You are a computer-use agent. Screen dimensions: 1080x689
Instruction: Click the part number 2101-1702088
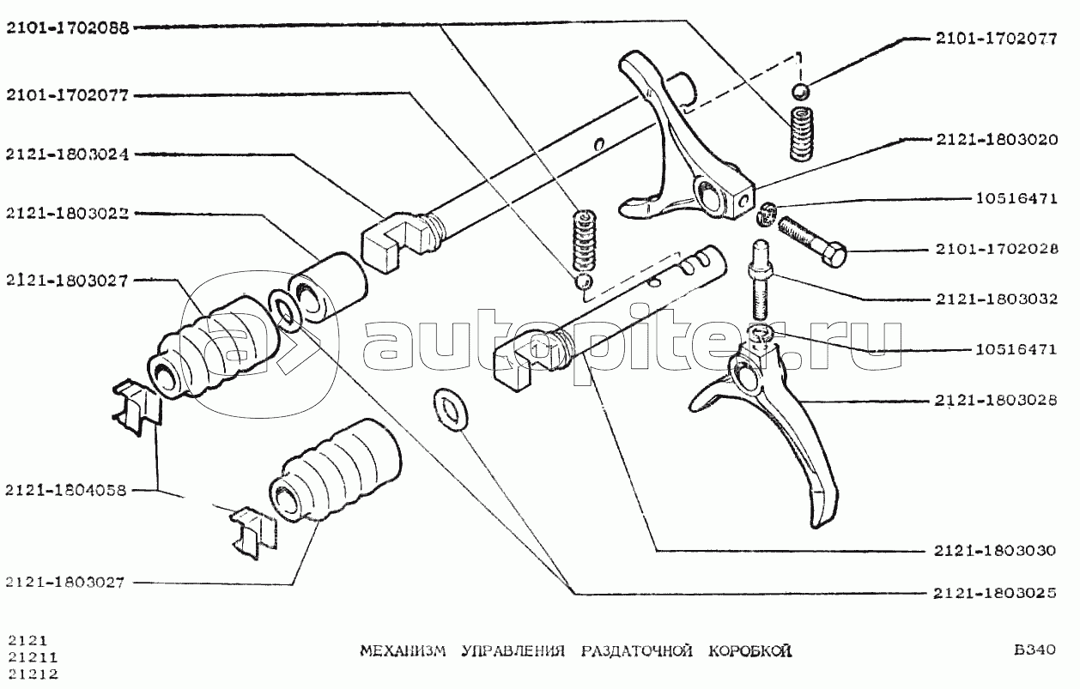point(68,28)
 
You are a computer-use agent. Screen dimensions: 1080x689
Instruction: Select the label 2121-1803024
point(68,154)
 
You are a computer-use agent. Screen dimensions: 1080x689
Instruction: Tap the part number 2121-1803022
point(68,213)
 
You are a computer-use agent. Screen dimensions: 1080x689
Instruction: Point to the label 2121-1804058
point(66,491)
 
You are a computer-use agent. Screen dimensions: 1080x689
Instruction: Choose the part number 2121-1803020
point(997,140)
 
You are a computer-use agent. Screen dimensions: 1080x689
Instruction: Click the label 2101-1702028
point(997,249)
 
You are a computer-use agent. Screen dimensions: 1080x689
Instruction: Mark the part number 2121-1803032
point(997,299)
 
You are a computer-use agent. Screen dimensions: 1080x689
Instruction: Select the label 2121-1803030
point(995,550)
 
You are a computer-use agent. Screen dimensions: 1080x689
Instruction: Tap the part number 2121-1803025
point(995,593)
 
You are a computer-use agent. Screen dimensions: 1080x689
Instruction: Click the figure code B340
point(1034,650)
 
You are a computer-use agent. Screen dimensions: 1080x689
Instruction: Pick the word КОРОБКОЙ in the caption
point(750,651)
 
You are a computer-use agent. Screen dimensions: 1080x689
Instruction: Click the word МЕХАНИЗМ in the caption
point(403,651)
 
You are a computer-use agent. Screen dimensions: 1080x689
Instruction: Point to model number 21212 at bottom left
point(33,674)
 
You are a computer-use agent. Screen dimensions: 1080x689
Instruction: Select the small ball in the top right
point(801,92)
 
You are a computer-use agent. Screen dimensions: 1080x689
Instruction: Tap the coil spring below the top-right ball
point(801,135)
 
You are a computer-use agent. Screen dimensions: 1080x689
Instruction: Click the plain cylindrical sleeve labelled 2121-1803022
point(328,288)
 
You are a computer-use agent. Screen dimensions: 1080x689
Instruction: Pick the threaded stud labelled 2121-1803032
point(760,280)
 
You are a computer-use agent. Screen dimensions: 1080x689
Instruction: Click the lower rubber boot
point(336,471)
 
